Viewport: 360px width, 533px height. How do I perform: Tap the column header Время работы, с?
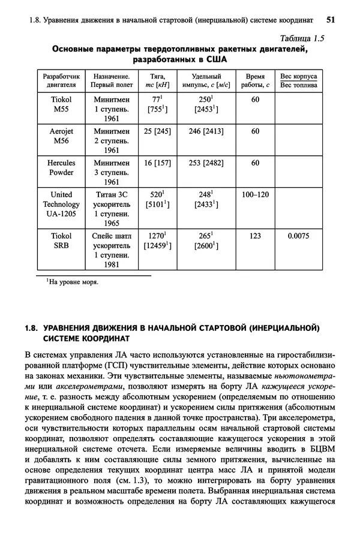(x=255, y=81)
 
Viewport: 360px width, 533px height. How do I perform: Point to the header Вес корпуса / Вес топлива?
(x=299, y=81)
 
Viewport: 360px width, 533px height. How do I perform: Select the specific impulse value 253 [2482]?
(x=206, y=162)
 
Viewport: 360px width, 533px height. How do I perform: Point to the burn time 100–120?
(x=255, y=195)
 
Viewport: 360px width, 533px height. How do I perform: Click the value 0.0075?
(x=298, y=236)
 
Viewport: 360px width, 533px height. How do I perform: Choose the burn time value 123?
(x=255, y=236)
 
